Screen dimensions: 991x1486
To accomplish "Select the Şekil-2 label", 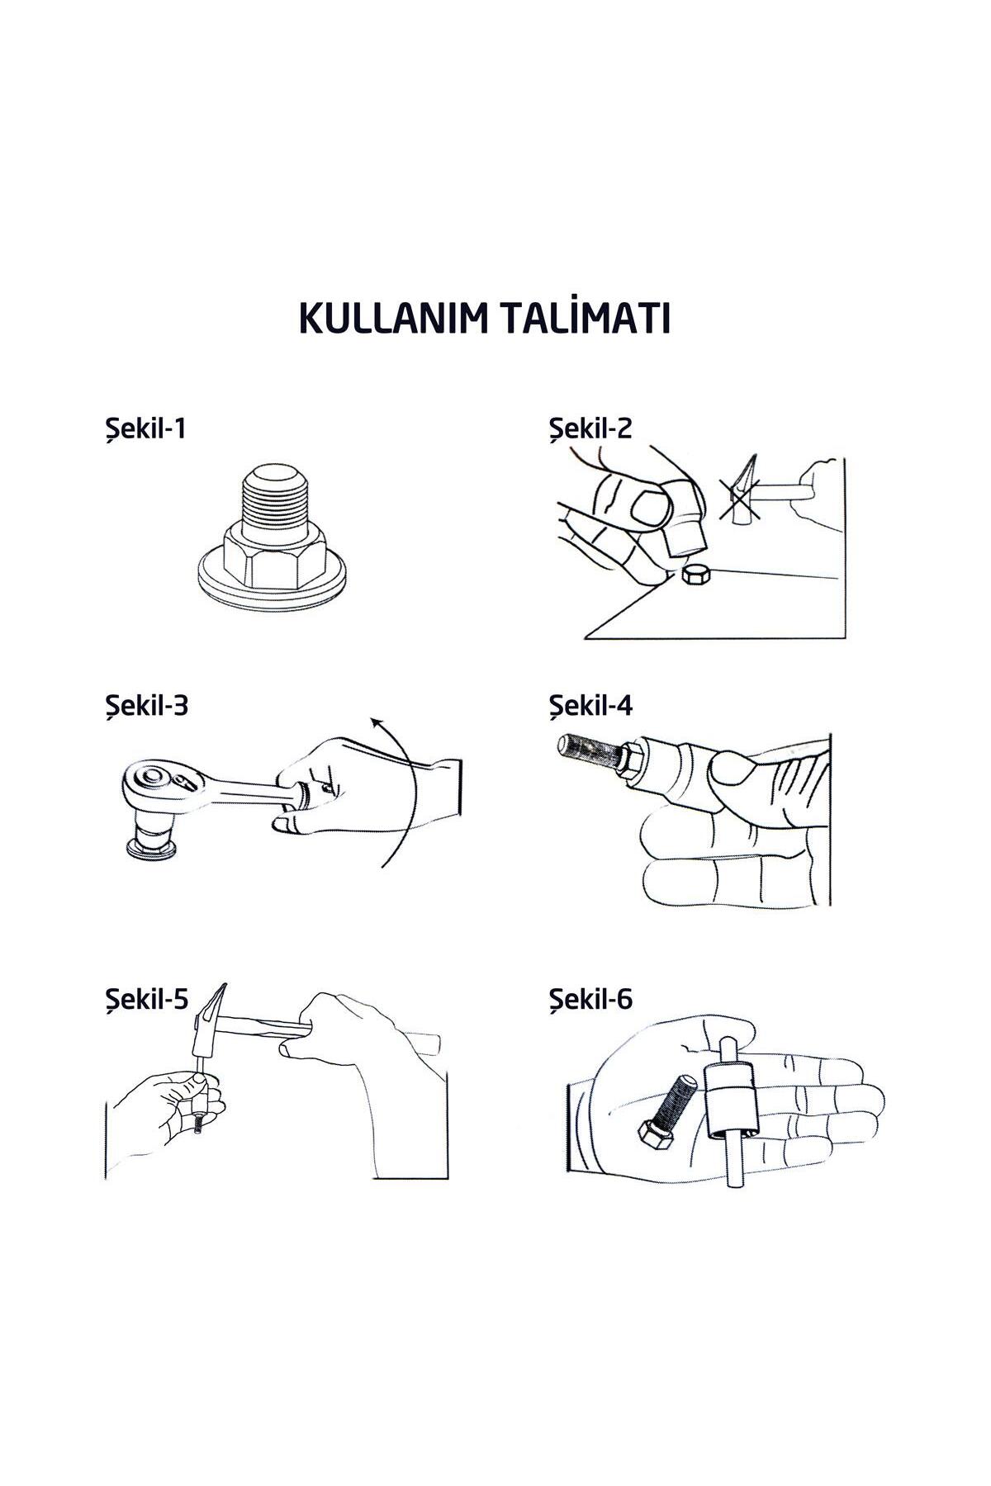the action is point(590,429).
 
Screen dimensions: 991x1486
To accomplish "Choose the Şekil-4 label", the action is point(591,707).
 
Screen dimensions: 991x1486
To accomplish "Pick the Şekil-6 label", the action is point(591,1000).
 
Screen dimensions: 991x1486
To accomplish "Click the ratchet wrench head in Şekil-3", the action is point(156,781).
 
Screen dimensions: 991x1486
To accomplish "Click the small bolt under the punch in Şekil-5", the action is point(199,1126).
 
